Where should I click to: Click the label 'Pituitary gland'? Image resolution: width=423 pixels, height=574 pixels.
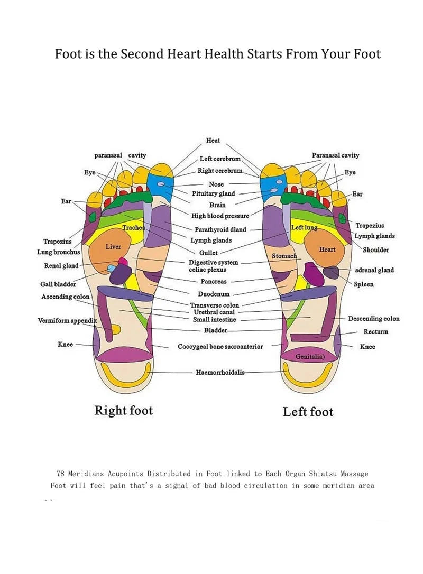click(213, 194)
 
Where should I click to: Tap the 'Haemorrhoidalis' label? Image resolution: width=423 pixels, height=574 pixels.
click(220, 373)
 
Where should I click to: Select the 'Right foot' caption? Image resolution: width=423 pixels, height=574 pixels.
click(123, 411)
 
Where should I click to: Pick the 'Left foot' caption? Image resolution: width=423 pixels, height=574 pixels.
click(308, 412)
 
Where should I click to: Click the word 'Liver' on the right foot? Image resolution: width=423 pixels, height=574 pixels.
click(113, 247)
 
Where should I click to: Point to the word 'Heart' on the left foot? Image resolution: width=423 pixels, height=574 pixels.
click(327, 249)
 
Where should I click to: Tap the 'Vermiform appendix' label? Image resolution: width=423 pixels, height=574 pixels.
click(68, 321)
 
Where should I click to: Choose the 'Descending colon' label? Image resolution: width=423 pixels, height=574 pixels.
click(373, 319)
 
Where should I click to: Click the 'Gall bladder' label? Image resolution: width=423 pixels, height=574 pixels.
click(58, 284)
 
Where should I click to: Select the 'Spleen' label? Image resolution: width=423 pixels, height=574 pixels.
click(364, 284)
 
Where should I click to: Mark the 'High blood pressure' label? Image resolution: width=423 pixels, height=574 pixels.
click(220, 216)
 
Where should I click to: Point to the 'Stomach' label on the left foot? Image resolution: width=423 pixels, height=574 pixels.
click(284, 256)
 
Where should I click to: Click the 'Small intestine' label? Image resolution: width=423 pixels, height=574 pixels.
click(215, 320)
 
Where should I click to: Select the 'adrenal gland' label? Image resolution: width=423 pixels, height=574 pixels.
click(374, 270)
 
